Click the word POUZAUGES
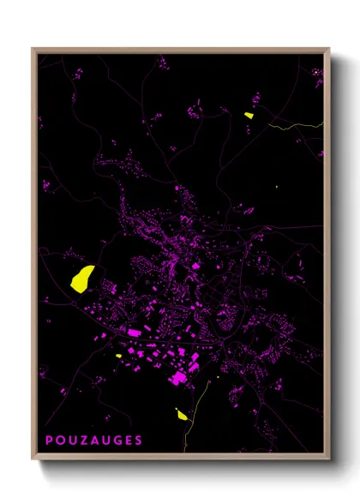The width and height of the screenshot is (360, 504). tap(94, 441)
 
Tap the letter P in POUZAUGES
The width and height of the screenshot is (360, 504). tap(50, 441)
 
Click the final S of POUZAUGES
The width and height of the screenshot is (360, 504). tap(139, 441)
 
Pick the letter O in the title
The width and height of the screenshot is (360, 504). tap(61, 441)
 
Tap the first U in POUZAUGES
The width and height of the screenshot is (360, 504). tap(72, 441)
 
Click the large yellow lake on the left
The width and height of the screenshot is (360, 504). tap(82, 279)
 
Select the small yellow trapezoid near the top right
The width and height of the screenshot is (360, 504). tap(249, 115)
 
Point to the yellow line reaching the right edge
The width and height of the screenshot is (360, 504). tap(296, 127)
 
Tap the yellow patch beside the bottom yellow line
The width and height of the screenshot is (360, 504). tap(182, 414)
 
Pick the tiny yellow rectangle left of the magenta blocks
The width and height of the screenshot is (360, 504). tap(118, 356)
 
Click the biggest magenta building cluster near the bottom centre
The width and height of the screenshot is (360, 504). tap(180, 375)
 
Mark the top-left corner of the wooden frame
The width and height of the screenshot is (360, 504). tap(33, 49)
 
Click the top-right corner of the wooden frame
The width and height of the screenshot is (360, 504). tap(329, 49)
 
